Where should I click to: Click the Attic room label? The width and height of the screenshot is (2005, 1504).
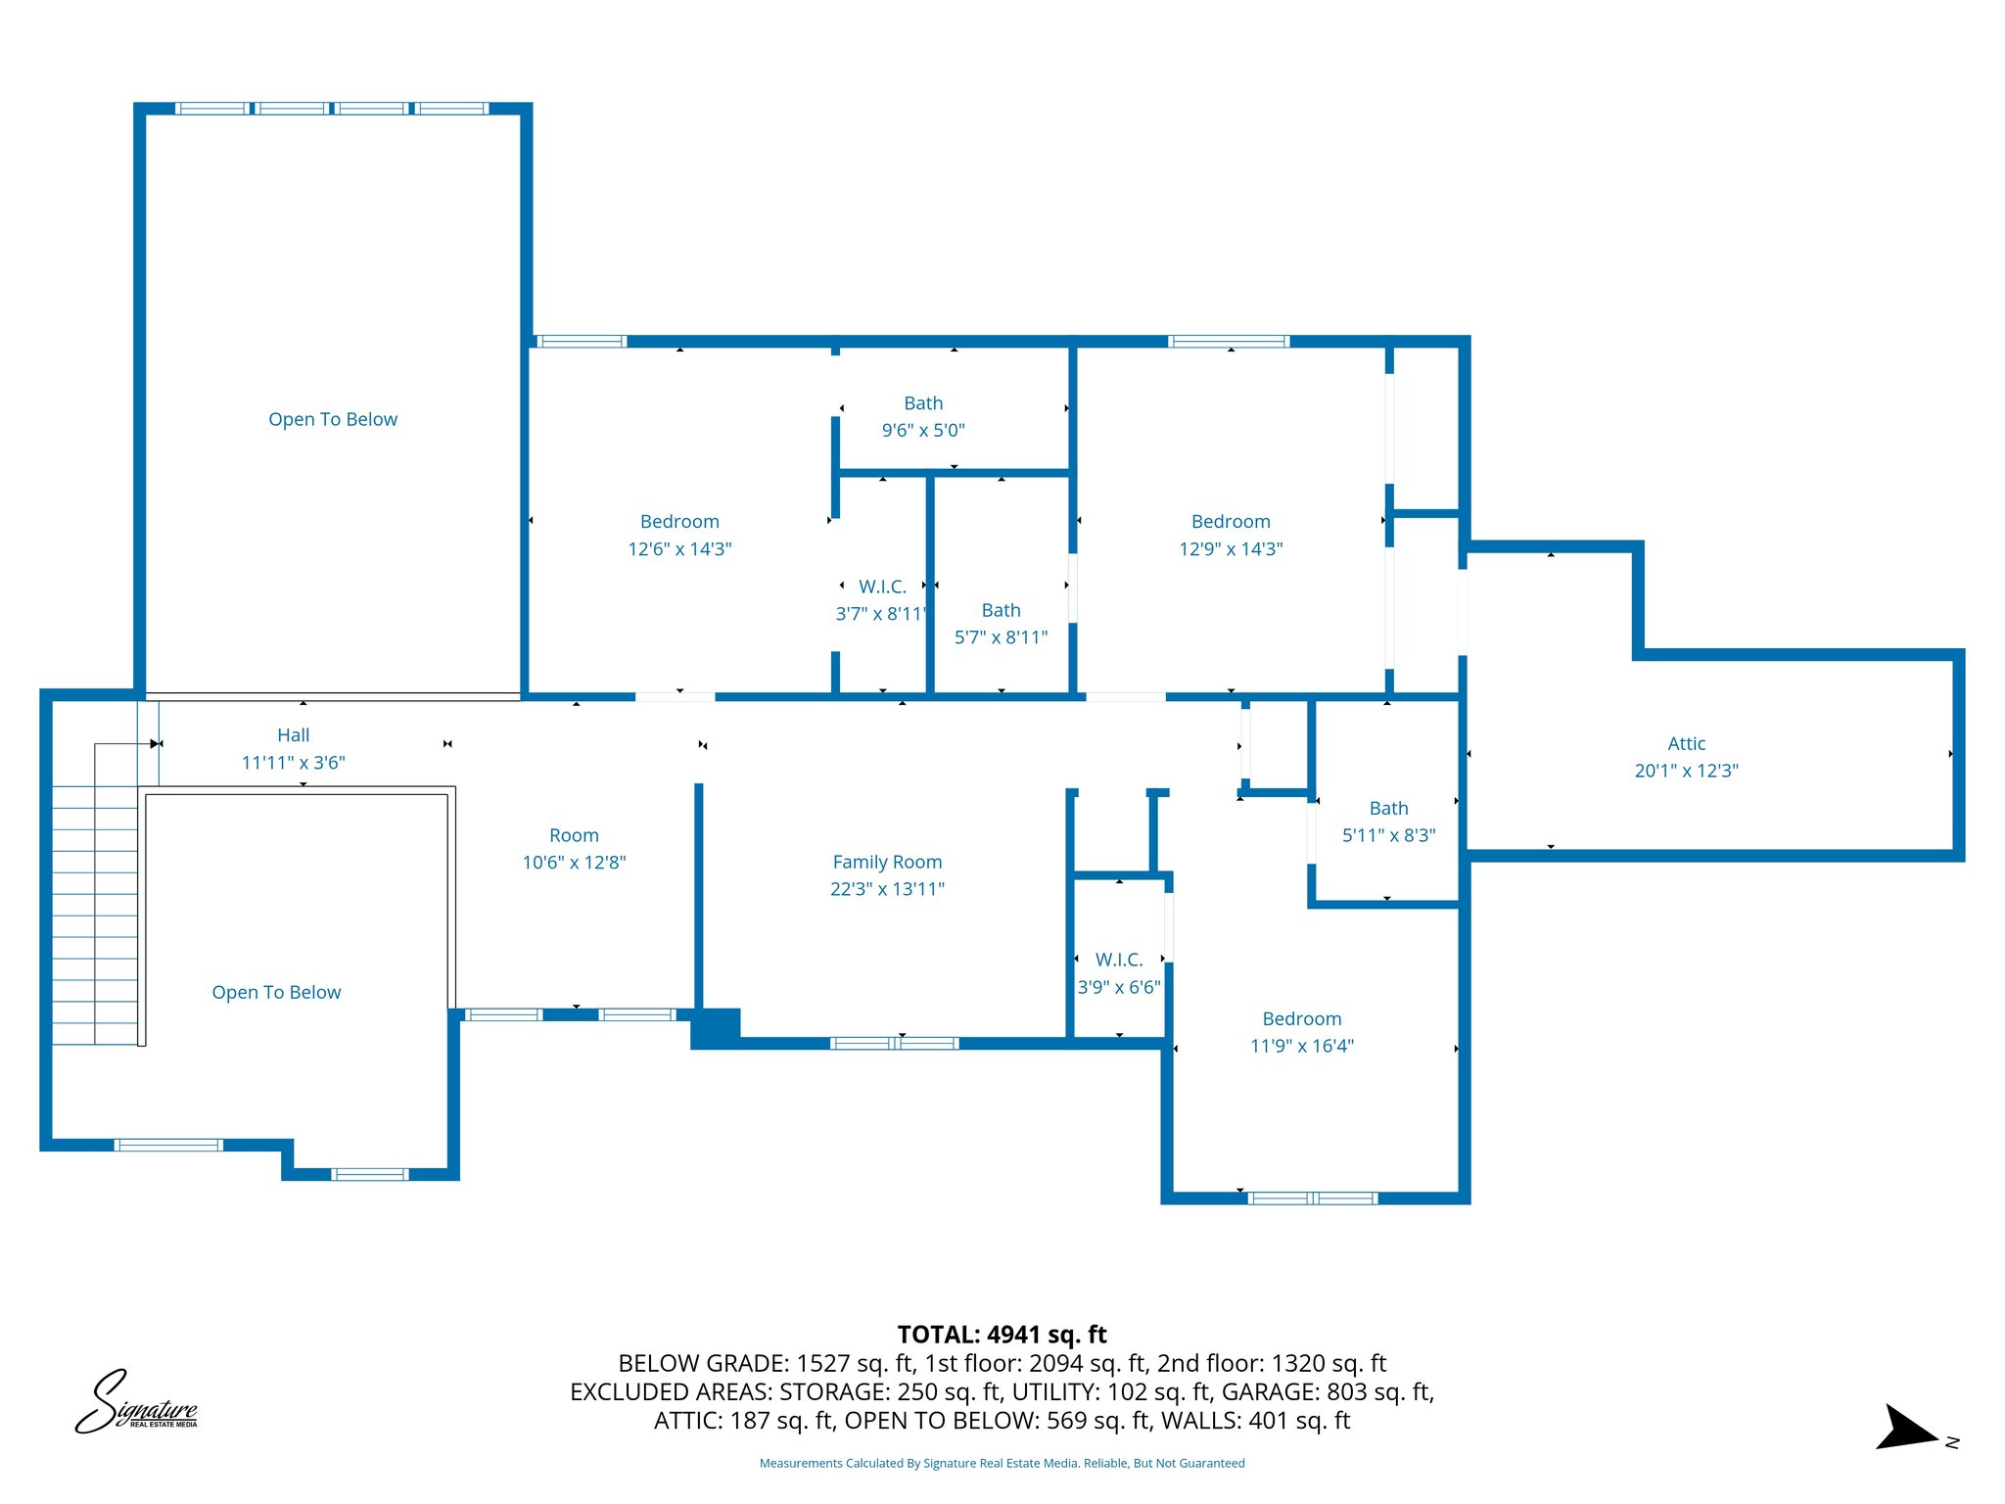point(1686,743)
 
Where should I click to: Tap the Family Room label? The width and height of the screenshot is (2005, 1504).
point(887,862)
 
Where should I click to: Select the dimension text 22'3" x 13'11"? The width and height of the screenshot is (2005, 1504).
point(887,889)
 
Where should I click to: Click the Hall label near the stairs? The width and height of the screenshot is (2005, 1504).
point(293,735)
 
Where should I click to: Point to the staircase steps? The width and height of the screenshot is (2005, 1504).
point(95,911)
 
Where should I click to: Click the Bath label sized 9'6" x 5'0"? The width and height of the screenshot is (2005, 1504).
point(923,403)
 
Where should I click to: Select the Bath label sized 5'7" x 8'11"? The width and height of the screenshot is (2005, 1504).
point(1001,610)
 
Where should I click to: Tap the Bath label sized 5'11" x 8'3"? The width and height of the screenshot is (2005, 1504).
point(1388,808)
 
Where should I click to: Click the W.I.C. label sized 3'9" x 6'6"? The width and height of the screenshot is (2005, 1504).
point(1119,960)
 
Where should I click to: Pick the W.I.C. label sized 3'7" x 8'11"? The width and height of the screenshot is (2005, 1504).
point(882,587)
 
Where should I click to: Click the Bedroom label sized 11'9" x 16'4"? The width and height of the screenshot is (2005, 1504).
point(1301,1018)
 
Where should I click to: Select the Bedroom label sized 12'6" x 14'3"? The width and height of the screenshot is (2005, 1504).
point(679,522)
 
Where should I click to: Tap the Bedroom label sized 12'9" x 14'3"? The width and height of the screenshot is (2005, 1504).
point(1231,522)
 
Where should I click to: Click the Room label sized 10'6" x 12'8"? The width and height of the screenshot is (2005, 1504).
point(574,835)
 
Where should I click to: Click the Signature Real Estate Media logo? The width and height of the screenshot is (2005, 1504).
point(137,1403)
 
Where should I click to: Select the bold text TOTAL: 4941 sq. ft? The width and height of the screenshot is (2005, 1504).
point(1002,1335)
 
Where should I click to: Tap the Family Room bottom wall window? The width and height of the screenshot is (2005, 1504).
point(894,1043)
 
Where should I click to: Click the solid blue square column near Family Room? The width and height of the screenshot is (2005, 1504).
point(716,1027)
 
